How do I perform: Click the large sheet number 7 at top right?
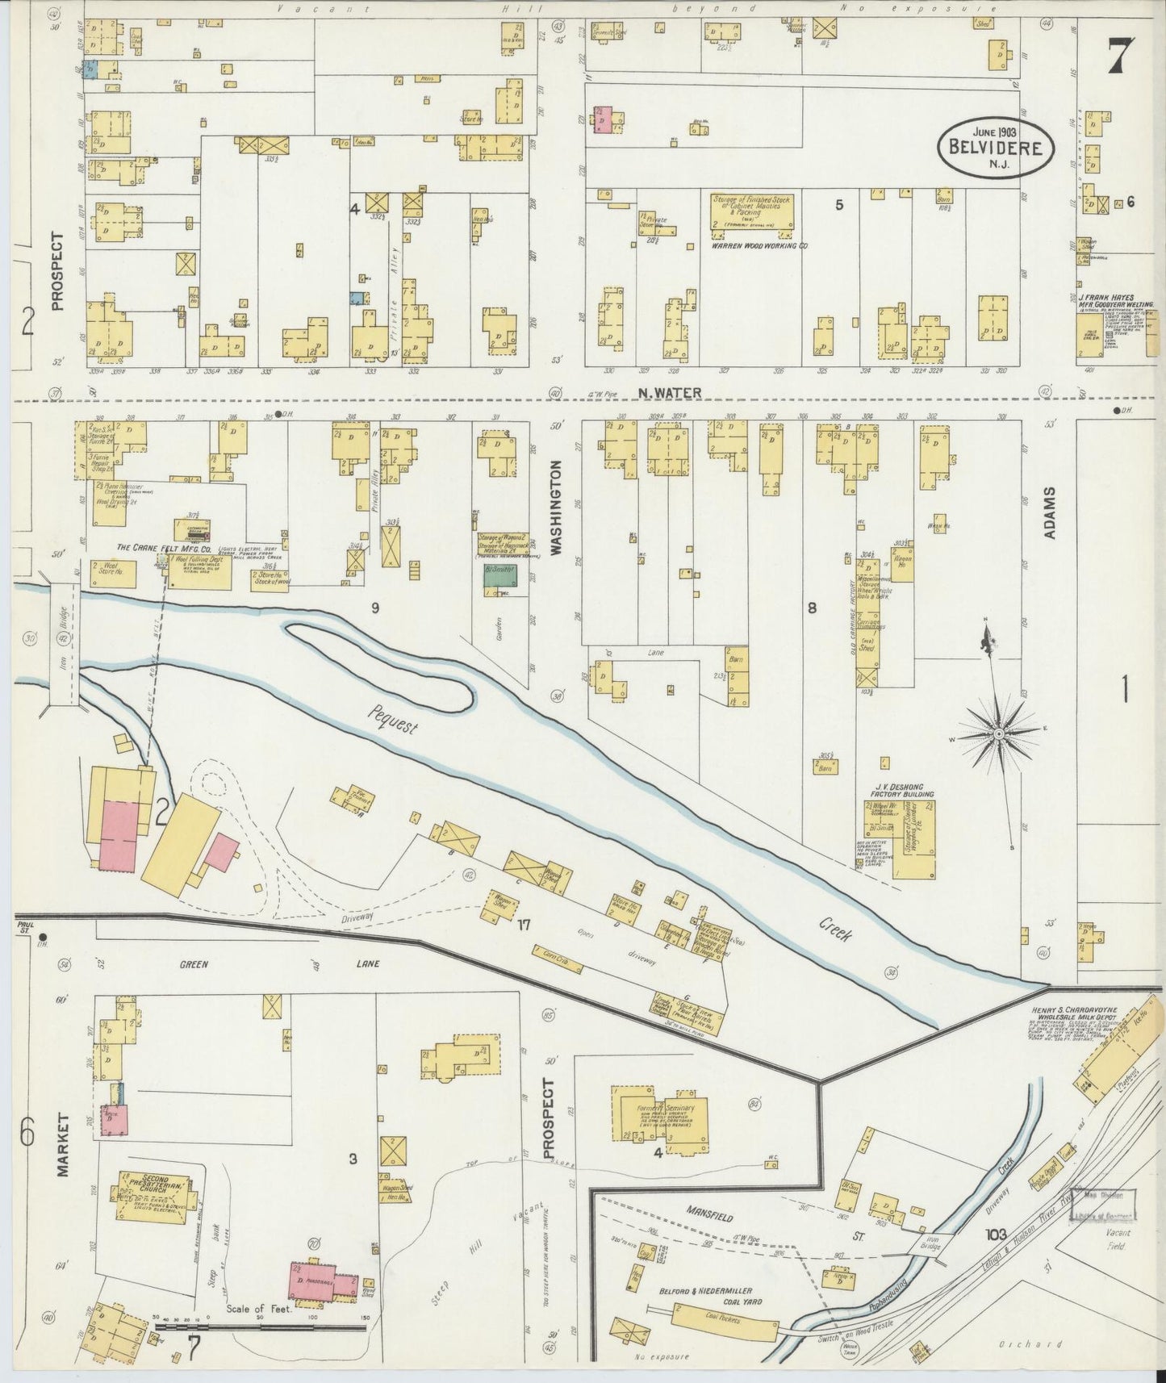[1120, 56]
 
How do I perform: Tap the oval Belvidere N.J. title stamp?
[995, 148]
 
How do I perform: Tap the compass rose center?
[998, 733]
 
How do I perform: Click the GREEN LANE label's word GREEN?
[194, 963]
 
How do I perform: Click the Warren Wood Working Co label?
[760, 245]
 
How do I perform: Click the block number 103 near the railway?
[995, 1234]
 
